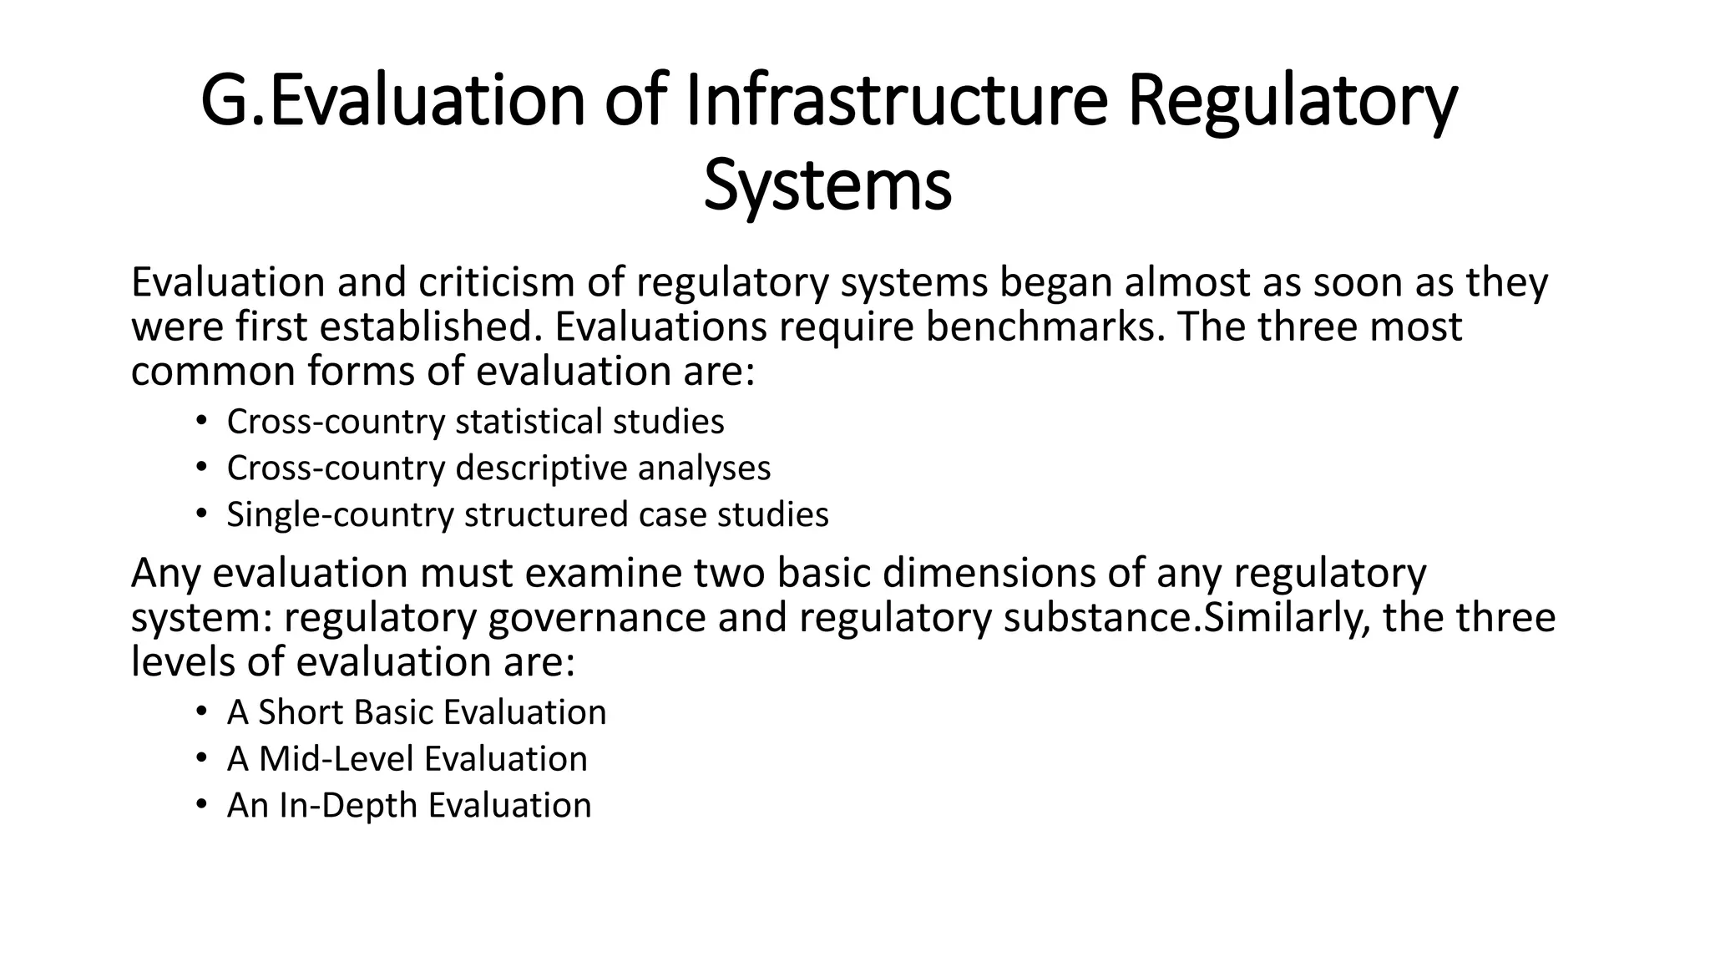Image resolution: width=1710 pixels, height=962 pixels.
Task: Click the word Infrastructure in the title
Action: pyautogui.click(x=897, y=102)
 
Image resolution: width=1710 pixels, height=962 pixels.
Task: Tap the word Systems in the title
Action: pyautogui.click(x=827, y=186)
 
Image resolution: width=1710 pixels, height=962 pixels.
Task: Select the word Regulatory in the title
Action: pyautogui.click(x=1293, y=102)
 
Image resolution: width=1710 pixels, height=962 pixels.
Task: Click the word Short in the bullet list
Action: pyautogui.click(x=301, y=712)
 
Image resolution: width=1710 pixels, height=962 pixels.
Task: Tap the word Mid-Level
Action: pyautogui.click(x=336, y=759)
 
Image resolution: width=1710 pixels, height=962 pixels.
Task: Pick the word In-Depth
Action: pyautogui.click(x=348, y=806)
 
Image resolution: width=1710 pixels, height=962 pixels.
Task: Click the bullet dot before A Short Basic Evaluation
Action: pyautogui.click(x=200, y=711)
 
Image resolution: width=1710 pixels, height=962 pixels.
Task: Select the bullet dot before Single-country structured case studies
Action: pyautogui.click(x=200, y=514)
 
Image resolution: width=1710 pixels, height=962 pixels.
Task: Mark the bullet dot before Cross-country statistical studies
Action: pyautogui.click(x=200, y=421)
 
